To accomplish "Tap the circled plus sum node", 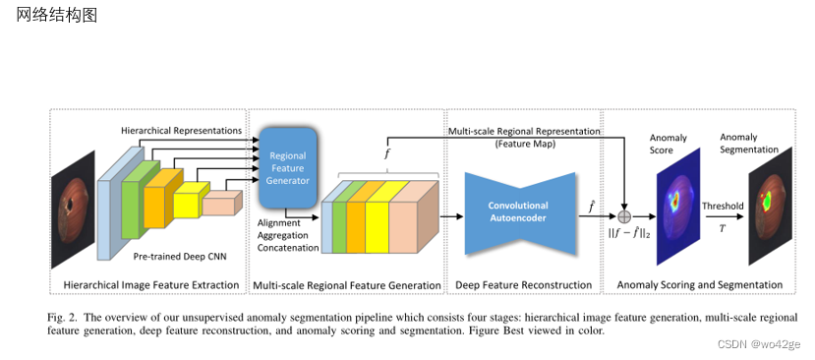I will pyautogui.click(x=623, y=213).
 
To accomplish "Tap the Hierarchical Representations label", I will pyautogui.click(x=181, y=130).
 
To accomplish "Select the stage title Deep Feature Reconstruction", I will pyautogui.click(x=523, y=285).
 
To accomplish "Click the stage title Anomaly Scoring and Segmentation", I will pyautogui.click(x=699, y=285).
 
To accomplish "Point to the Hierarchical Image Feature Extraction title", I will pyautogui.click(x=150, y=285).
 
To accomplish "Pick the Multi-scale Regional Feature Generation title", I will pyautogui.click(x=347, y=285).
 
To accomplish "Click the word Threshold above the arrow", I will pyautogui.click(x=723, y=207).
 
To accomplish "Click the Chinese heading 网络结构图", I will pyautogui.click(x=57, y=18).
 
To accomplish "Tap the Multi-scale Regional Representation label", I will pyautogui.click(x=525, y=131).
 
